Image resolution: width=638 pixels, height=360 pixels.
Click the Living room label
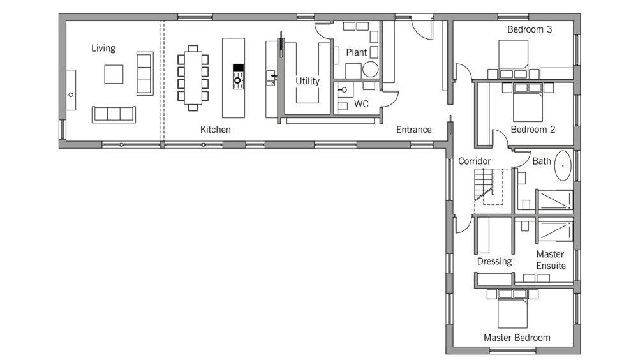click(103, 49)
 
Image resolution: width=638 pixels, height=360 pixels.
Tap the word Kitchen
click(216, 130)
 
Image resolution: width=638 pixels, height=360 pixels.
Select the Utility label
click(307, 81)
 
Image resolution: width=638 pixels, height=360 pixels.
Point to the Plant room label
click(357, 52)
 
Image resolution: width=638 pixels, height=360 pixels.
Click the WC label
click(361, 103)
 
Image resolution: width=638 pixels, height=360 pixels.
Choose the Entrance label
click(413, 130)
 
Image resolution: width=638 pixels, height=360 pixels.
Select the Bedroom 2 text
click(533, 129)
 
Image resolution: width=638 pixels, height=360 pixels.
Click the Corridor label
click(474, 161)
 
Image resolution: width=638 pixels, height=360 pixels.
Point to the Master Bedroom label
click(517, 338)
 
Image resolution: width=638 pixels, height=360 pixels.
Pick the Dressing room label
click(494, 261)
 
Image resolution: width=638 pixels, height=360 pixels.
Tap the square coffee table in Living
click(115, 75)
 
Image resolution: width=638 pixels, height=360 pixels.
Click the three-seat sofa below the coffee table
click(114, 114)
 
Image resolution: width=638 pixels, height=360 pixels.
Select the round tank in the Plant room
click(369, 70)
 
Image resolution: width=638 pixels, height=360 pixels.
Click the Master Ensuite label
click(550, 260)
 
